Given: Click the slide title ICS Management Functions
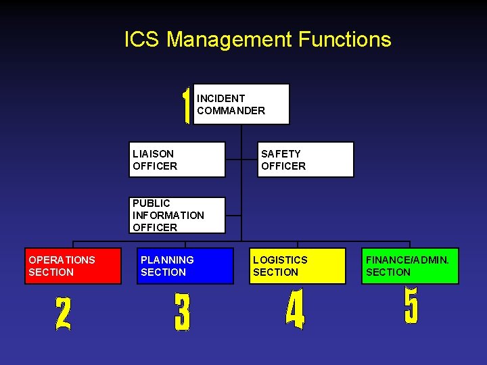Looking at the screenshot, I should coord(258,39).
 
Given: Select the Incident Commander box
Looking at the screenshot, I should coord(241,104).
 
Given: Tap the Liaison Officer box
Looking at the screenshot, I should coord(177,160).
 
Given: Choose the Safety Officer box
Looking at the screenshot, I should coord(306,160).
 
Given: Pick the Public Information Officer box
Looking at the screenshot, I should coord(177,215).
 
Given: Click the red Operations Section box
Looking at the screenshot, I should coord(73,266).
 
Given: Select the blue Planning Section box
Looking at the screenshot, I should coord(185,266).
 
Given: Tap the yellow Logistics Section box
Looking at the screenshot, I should coord(298,266).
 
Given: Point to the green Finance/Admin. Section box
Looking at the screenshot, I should coord(410,266).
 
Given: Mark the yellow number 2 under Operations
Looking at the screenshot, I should coord(63,314).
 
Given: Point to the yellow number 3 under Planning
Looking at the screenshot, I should coord(182,313).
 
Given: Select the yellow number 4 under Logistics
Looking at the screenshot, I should coord(295,312).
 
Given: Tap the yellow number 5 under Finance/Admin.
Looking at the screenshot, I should coord(411,306).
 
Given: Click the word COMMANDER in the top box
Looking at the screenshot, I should coord(231,110).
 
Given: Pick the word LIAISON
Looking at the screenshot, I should coord(153,153).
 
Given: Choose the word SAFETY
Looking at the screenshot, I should coord(281,153).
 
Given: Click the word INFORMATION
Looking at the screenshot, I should coord(168,215).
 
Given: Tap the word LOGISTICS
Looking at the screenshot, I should coord(280,260).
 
